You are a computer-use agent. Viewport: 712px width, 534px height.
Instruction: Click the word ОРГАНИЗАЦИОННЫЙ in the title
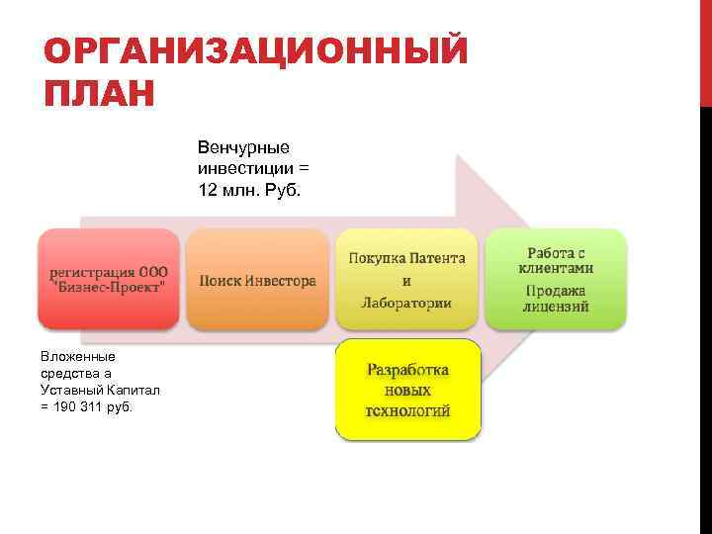point(255,52)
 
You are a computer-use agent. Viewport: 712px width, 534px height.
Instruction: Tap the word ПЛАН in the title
point(100,96)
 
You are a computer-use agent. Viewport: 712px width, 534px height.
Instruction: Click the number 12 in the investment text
point(209,188)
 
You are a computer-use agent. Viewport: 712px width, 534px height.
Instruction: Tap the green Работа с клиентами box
point(557,279)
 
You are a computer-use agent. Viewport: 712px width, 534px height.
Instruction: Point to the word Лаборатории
point(406,303)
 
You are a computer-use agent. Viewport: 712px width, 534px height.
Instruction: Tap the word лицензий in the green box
point(556,307)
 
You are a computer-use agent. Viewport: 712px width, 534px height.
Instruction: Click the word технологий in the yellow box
point(407,409)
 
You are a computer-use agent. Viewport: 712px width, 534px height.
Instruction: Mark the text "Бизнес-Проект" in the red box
point(109,285)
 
